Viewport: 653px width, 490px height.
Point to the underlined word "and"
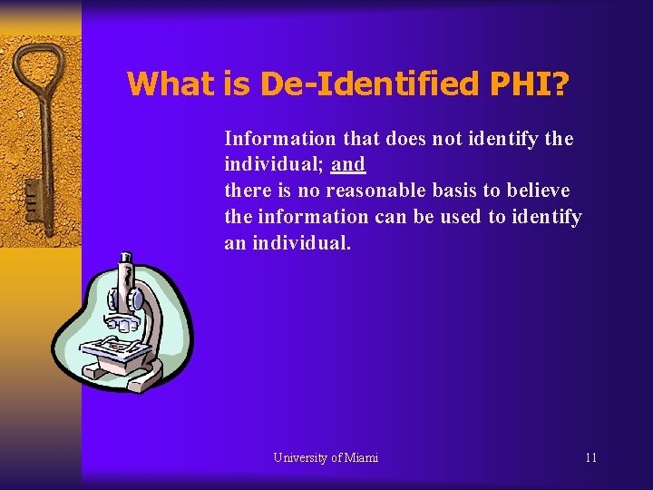[348, 165]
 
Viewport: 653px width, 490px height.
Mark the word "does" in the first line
[404, 139]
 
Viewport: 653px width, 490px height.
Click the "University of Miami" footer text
[326, 457]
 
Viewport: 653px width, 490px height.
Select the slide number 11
[590, 457]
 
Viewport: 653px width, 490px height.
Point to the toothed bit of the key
[32, 200]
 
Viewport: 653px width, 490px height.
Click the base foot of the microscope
[122, 370]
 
